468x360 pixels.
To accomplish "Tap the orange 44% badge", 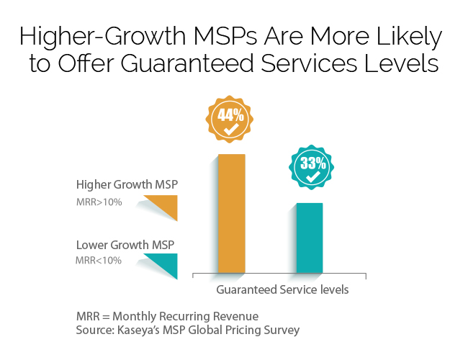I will pyautogui.click(x=231, y=120).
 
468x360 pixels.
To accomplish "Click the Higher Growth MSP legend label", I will pyautogui.click(x=127, y=185).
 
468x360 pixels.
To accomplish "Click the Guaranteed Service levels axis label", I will pyautogui.click(x=282, y=290).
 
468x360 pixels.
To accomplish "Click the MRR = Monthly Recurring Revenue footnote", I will pyautogui.click(x=167, y=317).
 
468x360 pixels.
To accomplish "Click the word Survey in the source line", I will pyautogui.click(x=282, y=330).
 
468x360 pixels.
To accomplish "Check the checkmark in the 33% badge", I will pyautogui.click(x=312, y=176).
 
